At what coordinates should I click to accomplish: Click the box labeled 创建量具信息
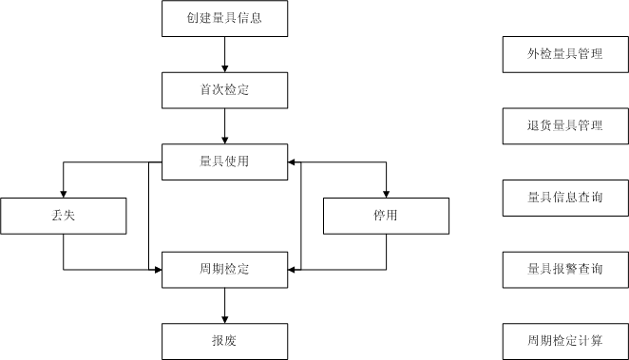tap(224, 18)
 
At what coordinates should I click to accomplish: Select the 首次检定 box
tap(224, 90)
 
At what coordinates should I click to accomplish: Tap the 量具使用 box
tap(224, 161)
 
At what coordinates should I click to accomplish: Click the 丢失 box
tap(64, 216)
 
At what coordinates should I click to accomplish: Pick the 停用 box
tap(386, 216)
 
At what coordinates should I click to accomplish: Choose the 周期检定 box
tap(224, 270)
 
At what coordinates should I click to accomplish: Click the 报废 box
tap(224, 341)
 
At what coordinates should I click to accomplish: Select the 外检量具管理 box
tap(565, 54)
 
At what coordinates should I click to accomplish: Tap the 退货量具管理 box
tap(565, 125)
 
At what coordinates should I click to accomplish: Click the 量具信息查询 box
tap(565, 198)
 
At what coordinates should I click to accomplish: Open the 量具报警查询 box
tap(565, 270)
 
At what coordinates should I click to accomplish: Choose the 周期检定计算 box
tap(565, 341)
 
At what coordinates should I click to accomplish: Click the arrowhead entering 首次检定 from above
tap(224, 68)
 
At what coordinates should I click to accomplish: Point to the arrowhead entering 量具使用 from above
tap(224, 140)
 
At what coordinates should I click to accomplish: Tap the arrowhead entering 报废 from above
tap(224, 319)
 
